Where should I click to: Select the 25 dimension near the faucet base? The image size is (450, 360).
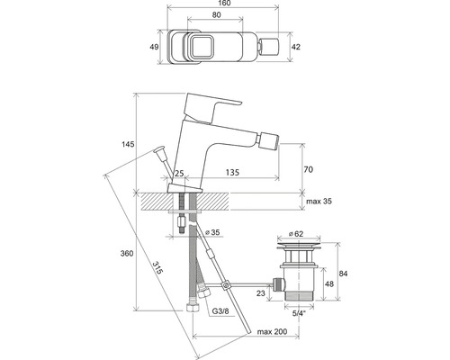(179, 173)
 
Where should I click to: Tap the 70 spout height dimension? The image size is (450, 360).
(309, 168)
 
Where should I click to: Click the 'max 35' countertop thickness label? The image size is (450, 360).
(319, 202)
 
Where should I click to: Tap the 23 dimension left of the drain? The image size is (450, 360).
(260, 292)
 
